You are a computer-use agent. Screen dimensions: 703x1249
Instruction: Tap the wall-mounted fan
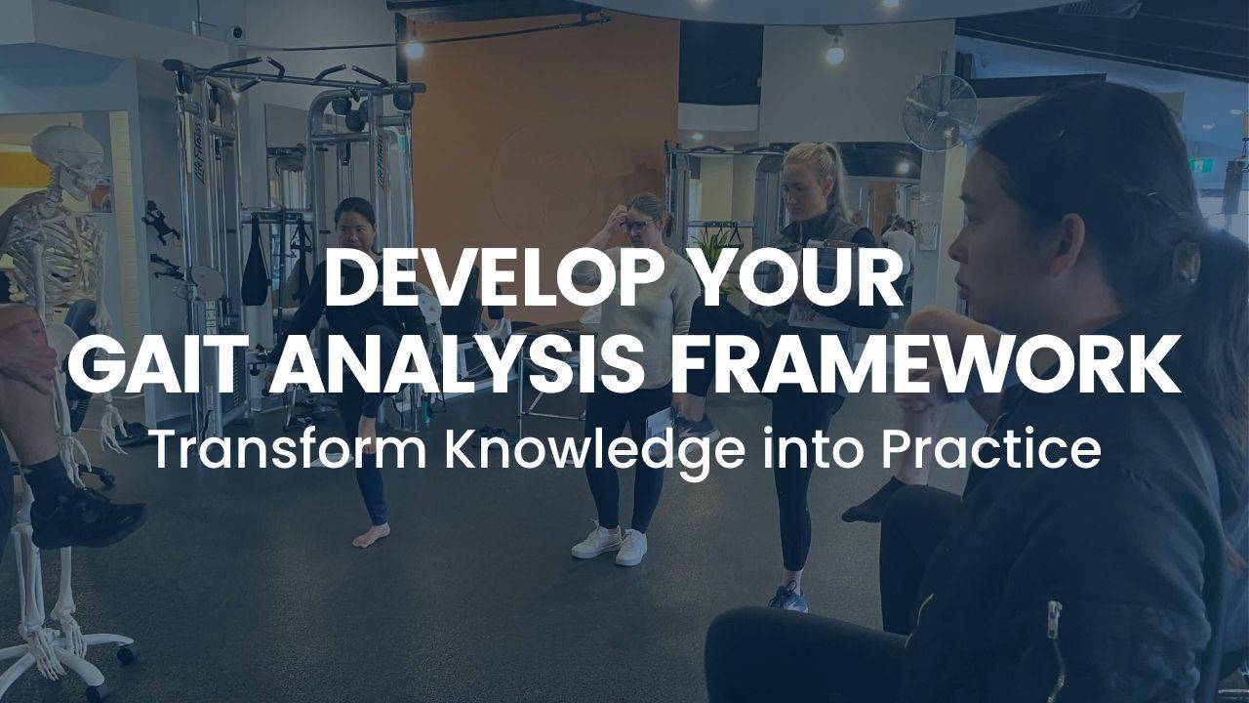(x=939, y=112)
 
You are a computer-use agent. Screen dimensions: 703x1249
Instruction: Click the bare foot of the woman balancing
(x=371, y=534)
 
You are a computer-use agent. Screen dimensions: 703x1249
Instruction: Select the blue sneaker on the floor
(x=787, y=598)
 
